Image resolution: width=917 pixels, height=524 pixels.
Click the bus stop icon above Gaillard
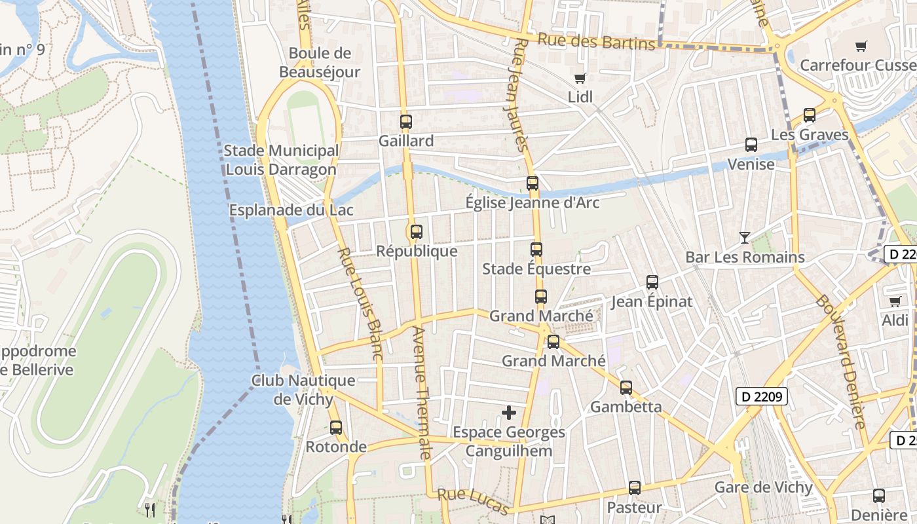(x=406, y=121)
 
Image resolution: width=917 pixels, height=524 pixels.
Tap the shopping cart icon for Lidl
(x=580, y=79)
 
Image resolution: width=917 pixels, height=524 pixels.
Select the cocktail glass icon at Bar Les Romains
(x=745, y=237)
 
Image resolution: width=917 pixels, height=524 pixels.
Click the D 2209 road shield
(x=761, y=396)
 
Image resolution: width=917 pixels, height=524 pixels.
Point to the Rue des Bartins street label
(x=596, y=41)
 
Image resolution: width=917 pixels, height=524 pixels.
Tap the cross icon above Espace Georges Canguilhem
(x=509, y=413)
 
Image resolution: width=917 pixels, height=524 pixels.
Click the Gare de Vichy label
(x=763, y=487)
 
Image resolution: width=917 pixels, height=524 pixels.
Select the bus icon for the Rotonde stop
(x=336, y=427)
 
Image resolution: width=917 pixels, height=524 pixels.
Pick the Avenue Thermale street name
(x=421, y=393)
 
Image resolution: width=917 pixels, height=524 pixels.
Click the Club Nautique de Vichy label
(x=303, y=390)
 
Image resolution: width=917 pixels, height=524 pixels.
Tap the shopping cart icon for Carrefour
(x=861, y=46)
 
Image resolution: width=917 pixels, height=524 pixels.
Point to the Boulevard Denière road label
(x=840, y=360)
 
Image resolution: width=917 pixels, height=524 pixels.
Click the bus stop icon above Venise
(x=751, y=145)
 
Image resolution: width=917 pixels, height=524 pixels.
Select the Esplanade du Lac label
(x=291, y=210)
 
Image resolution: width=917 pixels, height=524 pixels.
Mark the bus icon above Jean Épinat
(x=652, y=282)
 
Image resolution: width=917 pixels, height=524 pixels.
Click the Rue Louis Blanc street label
(x=360, y=303)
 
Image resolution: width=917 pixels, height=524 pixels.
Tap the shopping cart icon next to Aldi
(x=895, y=301)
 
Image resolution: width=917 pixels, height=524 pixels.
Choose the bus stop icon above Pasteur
(x=634, y=488)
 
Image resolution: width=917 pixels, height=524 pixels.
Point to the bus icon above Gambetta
(x=626, y=387)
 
